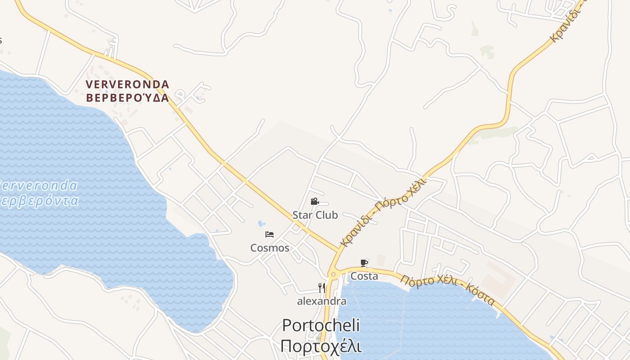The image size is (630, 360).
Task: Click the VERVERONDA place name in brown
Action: point(127,85)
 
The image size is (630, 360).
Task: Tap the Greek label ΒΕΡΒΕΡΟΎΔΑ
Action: point(127,98)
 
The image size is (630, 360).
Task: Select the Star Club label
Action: point(315,215)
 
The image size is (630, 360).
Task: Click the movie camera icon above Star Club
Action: point(315,202)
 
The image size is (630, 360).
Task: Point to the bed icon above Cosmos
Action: point(270,234)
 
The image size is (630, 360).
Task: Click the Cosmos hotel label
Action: point(270,248)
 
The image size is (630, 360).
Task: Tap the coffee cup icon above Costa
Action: point(364,263)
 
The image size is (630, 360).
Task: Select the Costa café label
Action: point(364,276)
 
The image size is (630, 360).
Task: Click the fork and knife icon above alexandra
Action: point(321,288)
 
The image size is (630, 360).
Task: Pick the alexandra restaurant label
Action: point(321,301)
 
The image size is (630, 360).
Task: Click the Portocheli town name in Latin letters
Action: point(321,325)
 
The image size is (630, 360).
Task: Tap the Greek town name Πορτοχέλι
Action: point(321,346)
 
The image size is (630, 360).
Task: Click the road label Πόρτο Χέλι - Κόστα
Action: point(448,290)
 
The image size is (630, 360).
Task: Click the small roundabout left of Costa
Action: point(333,274)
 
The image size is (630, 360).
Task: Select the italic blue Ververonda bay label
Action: point(38,185)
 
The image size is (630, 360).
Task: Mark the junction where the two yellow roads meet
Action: point(338,250)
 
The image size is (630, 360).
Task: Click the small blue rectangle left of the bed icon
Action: point(261,224)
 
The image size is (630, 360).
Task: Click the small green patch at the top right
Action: point(486,51)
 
